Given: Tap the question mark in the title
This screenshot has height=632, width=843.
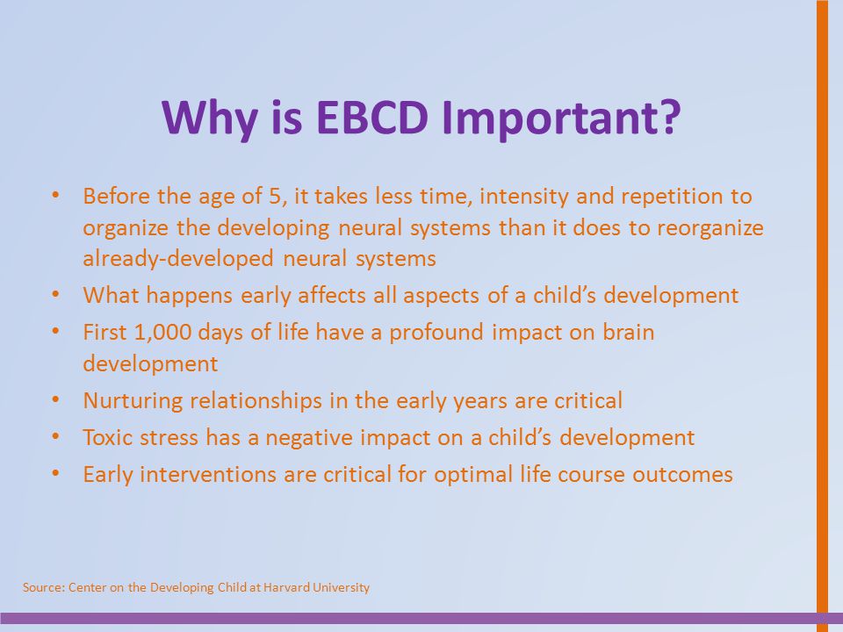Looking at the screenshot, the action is [x=669, y=117].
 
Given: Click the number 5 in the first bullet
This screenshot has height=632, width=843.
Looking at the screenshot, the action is [x=275, y=196].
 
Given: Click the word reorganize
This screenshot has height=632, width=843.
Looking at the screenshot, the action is [x=710, y=228].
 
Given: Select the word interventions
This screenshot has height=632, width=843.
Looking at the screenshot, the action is [x=208, y=475].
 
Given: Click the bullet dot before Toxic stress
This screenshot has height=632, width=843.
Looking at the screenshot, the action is [x=55, y=436].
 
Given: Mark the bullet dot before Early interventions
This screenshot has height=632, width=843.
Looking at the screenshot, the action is [x=55, y=473].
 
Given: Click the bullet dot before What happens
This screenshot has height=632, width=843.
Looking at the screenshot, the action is [x=55, y=295].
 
